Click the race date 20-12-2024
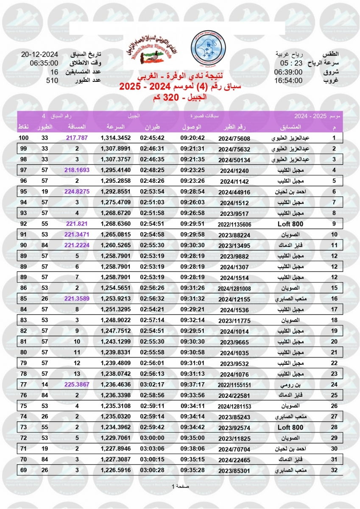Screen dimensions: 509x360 coord(39,54)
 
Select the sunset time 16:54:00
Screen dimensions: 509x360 coord(288,81)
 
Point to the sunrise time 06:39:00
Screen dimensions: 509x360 coord(288,72)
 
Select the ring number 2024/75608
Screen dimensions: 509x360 coord(234,138)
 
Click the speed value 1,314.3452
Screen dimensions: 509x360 coord(116,138)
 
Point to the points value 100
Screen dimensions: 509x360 coord(24,138)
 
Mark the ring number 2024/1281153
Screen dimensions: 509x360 coord(234,406)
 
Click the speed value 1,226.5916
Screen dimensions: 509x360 coord(116,470)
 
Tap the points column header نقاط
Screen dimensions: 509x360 coord(23,127)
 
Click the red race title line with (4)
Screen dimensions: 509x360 coord(180,88)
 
